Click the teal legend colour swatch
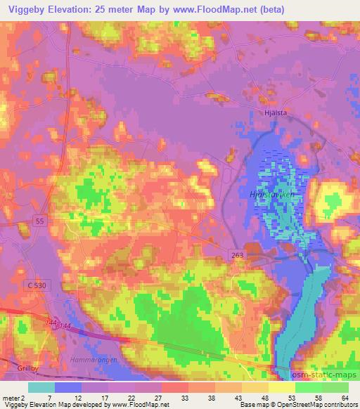tap(41, 387)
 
